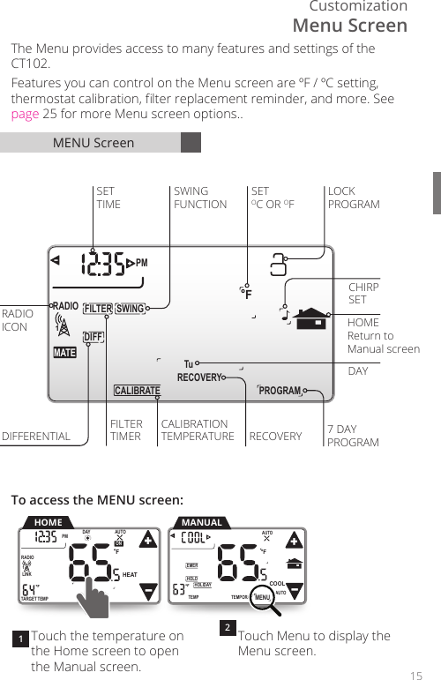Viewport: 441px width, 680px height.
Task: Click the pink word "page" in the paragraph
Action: pyautogui.click(x=25, y=115)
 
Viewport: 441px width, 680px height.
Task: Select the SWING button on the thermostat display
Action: pyautogui.click(x=130, y=309)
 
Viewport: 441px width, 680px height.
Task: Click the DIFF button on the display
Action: pyautogui.click(x=93, y=336)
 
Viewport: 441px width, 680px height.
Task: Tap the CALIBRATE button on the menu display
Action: pyautogui.click(x=137, y=391)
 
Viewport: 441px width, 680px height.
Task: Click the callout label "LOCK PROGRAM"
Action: pyautogui.click(x=354, y=198)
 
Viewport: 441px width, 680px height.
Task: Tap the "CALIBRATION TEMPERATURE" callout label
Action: pyautogui.click(x=198, y=430)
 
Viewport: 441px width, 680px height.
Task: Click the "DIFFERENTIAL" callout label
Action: pyautogui.click(x=36, y=436)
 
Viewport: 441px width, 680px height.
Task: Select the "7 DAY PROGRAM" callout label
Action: pyautogui.click(x=353, y=436)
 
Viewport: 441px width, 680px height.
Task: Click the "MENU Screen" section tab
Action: pyautogui.click(x=93, y=143)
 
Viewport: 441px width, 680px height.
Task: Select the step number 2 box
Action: pyautogui.click(x=227, y=628)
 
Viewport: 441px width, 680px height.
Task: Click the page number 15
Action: pyautogui.click(x=416, y=675)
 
